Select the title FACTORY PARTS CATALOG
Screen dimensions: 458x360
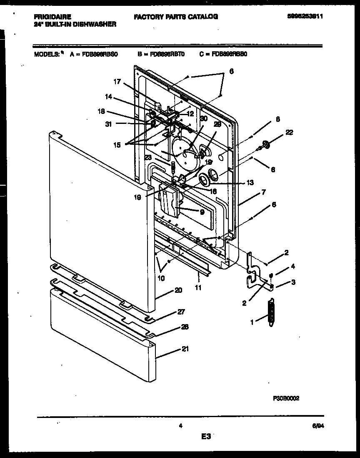tap(176, 17)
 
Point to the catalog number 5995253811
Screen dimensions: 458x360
tap(305, 17)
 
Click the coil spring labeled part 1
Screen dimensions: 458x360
tap(272, 311)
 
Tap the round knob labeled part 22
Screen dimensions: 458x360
tap(267, 145)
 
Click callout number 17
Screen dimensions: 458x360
tap(117, 82)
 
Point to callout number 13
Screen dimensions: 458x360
tap(250, 183)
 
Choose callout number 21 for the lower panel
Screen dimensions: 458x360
tap(185, 349)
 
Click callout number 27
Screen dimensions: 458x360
tap(181, 312)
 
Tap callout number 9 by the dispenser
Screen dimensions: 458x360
tap(202, 212)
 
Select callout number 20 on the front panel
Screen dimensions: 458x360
tap(178, 290)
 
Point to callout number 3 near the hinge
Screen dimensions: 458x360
tap(293, 282)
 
